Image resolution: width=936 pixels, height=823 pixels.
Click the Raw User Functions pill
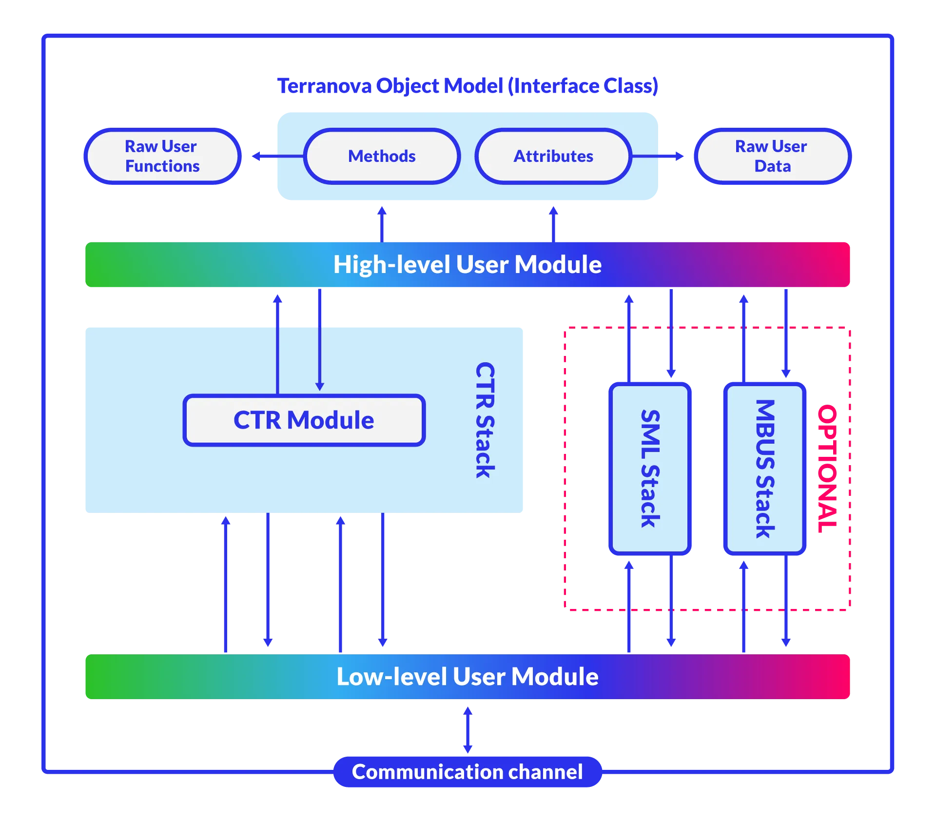coord(162,156)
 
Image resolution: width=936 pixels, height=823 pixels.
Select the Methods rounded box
coord(382,156)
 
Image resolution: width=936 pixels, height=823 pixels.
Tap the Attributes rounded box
coord(553,156)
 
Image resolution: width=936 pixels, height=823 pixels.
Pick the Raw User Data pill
coord(773,156)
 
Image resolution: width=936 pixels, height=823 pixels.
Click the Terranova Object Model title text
coord(468,85)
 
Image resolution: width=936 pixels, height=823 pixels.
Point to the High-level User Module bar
coord(468,265)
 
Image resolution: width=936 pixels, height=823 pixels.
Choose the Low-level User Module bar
coord(468,676)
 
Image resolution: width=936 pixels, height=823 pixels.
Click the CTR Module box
coord(304,420)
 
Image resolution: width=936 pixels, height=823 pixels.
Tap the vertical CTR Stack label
coord(485,420)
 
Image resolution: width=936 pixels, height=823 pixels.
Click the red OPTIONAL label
coord(827,468)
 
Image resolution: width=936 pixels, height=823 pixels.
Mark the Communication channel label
coord(468,772)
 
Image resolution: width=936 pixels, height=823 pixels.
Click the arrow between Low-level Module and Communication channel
coord(468,729)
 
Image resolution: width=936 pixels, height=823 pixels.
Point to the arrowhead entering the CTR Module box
coord(320,386)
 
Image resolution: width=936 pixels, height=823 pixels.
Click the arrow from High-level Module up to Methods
coord(382,222)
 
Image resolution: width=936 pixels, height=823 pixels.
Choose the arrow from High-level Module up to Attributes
coord(553,222)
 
